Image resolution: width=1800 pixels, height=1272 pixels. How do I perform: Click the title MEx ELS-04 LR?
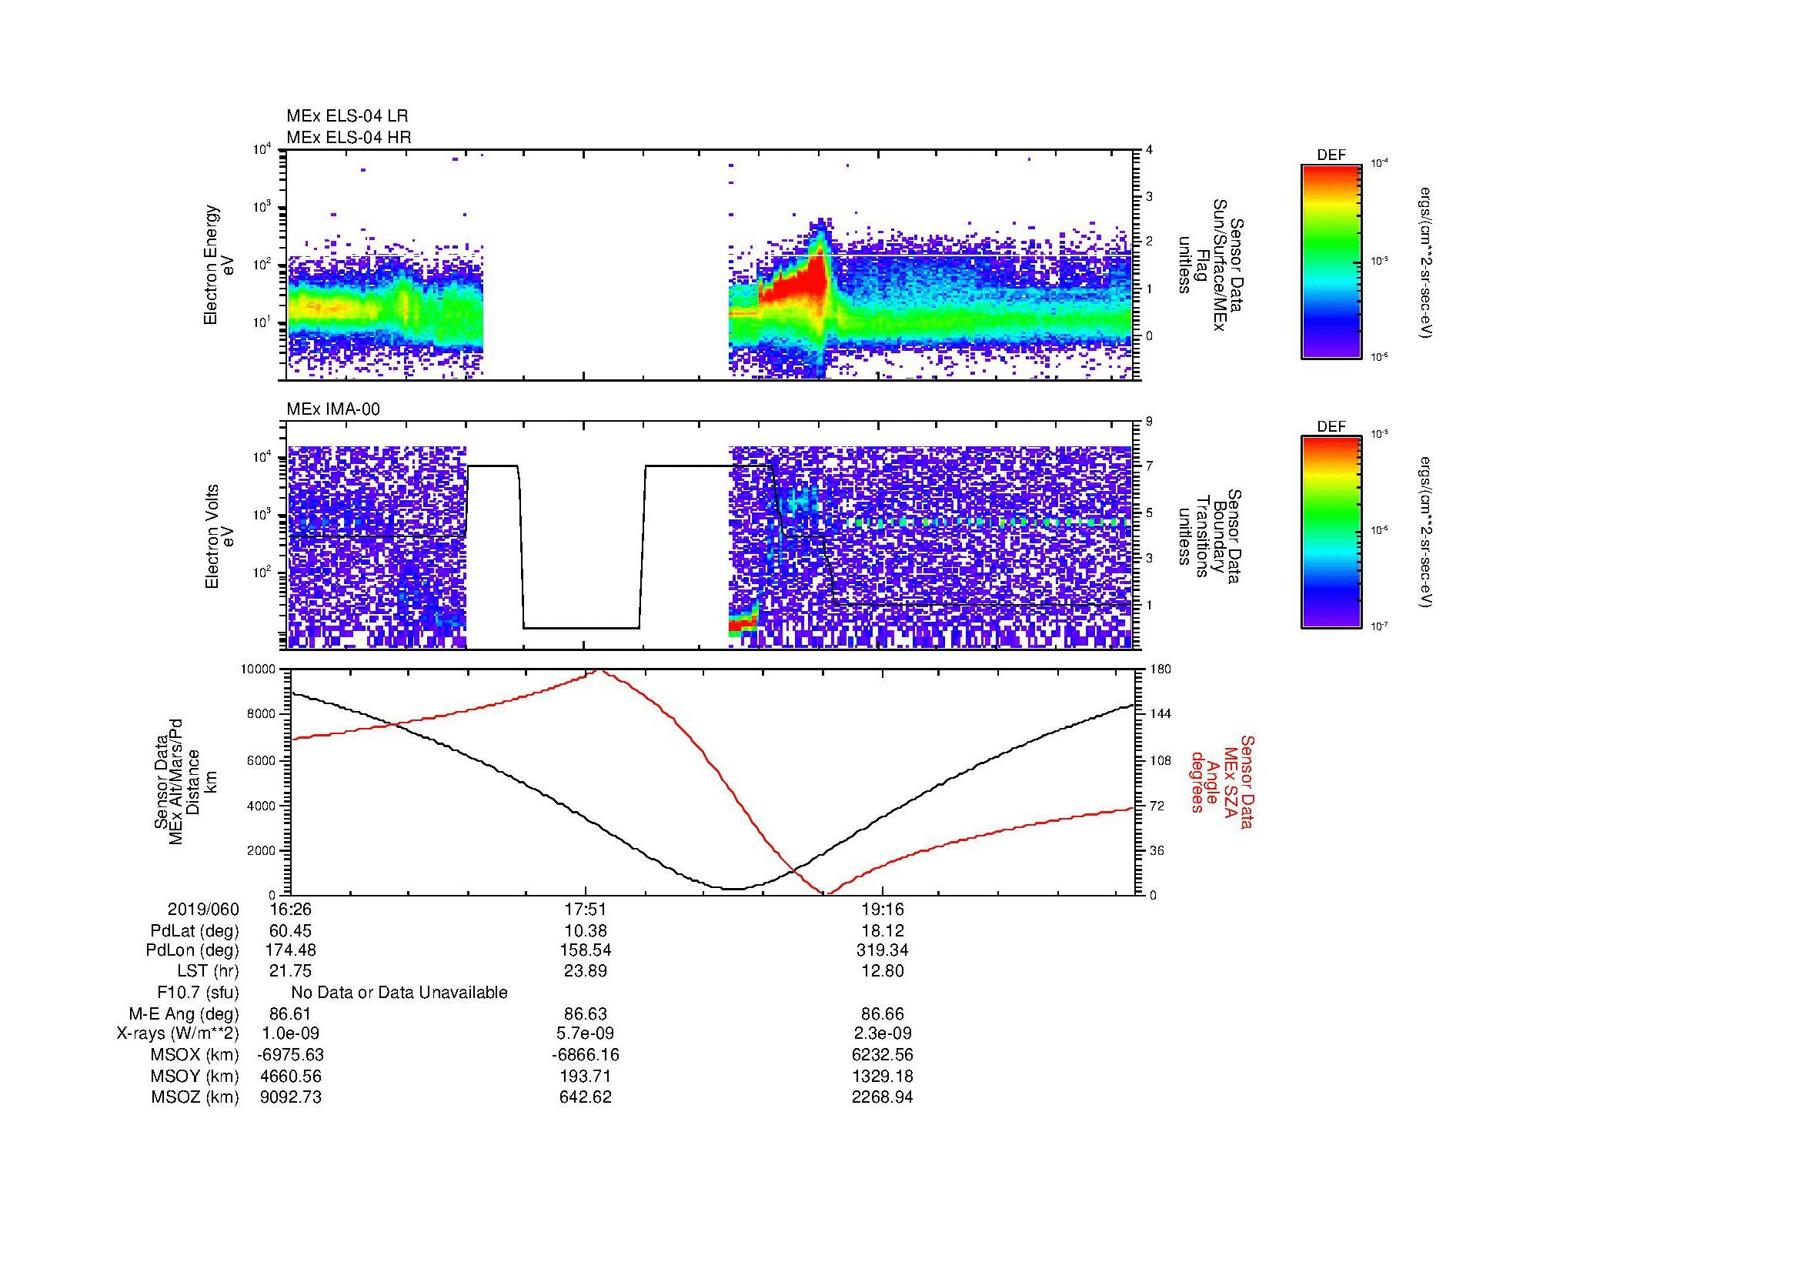pyautogui.click(x=346, y=116)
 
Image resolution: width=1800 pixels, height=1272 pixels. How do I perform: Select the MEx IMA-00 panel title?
pyautogui.click(x=333, y=409)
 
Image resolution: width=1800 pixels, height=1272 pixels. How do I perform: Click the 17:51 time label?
pyautogui.click(x=586, y=909)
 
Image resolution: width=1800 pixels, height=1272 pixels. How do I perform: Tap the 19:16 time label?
pyautogui.click(x=882, y=909)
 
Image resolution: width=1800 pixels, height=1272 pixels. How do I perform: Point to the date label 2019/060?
pyautogui.click(x=203, y=909)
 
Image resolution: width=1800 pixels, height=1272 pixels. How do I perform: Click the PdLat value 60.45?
pyautogui.click(x=291, y=931)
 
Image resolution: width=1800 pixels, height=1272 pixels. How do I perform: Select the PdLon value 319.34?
pyautogui.click(x=882, y=950)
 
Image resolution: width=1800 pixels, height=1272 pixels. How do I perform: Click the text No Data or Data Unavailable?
pyautogui.click(x=399, y=993)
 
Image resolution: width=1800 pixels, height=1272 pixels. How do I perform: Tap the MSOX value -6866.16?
pyautogui.click(x=586, y=1055)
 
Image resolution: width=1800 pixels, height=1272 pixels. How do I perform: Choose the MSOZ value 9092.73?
pyautogui.click(x=291, y=1097)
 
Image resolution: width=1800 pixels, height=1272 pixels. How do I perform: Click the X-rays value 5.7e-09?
pyautogui.click(x=586, y=1033)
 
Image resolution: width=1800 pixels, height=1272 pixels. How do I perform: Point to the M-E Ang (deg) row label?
pyautogui.click(x=184, y=1014)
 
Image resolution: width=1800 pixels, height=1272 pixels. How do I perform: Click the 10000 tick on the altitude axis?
pyautogui.click(x=258, y=669)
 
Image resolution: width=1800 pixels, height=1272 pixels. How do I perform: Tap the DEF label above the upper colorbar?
pyautogui.click(x=1331, y=156)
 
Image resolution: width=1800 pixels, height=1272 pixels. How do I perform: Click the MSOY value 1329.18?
pyautogui.click(x=882, y=1076)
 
